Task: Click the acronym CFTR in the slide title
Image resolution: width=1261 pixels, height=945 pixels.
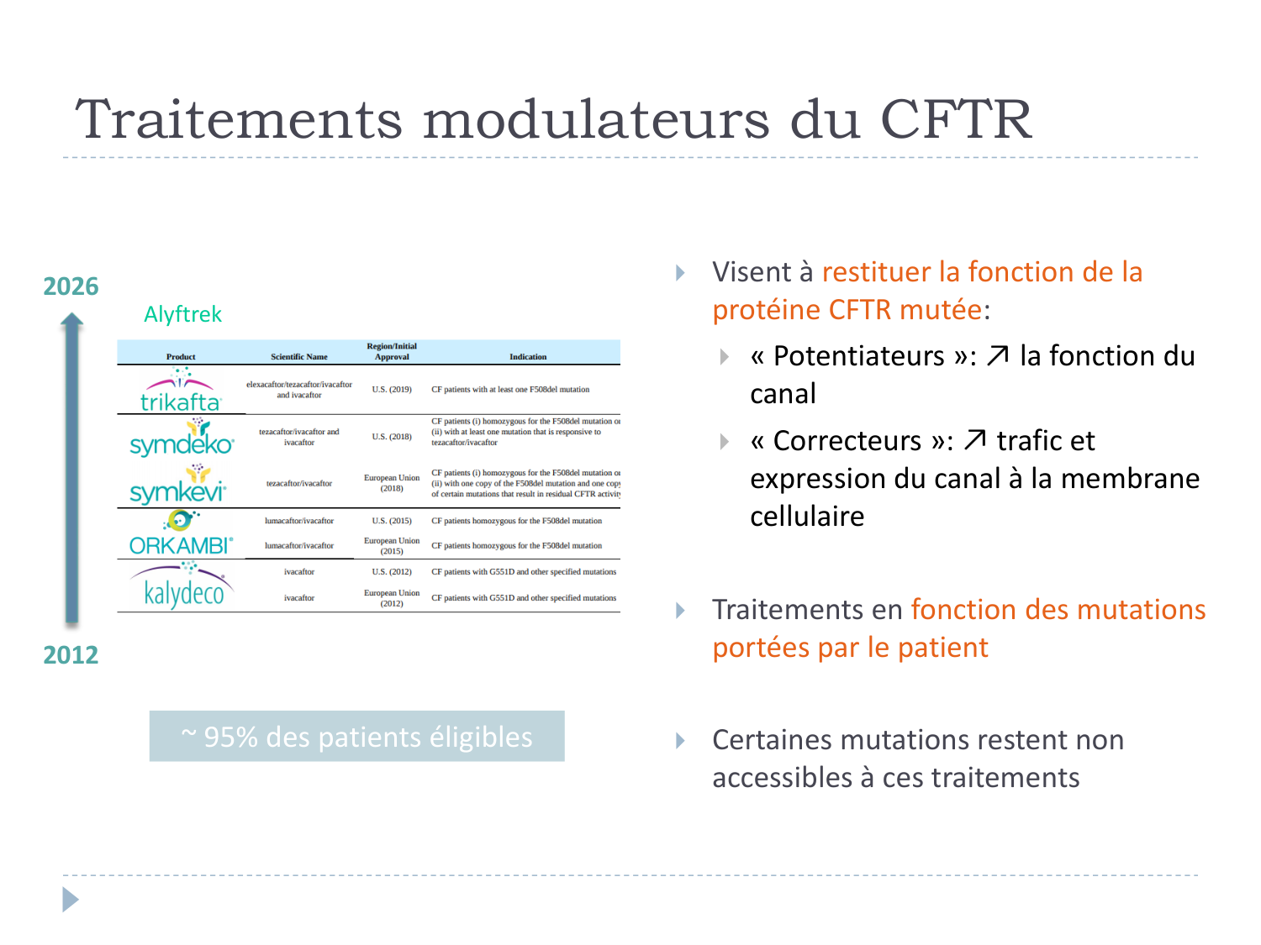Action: tap(956, 119)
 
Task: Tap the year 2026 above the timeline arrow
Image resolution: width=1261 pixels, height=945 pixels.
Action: tap(71, 286)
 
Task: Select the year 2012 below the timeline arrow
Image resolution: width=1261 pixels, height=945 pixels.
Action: tap(71, 654)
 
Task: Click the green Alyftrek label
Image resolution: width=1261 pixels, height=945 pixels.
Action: tap(182, 314)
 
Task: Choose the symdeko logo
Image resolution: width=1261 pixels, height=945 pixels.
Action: tap(182, 438)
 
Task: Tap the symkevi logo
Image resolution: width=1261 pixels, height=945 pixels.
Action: tap(178, 486)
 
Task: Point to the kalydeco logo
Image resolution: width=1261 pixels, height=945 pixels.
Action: tap(182, 587)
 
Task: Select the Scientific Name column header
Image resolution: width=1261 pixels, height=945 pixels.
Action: tap(299, 357)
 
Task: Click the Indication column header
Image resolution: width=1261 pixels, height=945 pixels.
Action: tap(528, 357)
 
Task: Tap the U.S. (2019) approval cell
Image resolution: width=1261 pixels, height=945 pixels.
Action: tap(392, 390)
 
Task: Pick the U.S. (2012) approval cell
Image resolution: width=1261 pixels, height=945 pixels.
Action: tap(392, 572)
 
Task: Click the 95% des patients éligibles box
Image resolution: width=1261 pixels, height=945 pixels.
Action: tap(357, 737)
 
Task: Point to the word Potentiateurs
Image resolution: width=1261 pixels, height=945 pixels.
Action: tap(859, 356)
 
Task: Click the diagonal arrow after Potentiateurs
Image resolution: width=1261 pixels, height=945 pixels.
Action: tap(998, 356)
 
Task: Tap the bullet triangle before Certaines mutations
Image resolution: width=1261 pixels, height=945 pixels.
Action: tap(681, 741)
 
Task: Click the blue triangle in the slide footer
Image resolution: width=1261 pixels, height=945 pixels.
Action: tap(71, 900)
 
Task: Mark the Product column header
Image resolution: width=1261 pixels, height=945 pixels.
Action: tap(181, 357)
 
